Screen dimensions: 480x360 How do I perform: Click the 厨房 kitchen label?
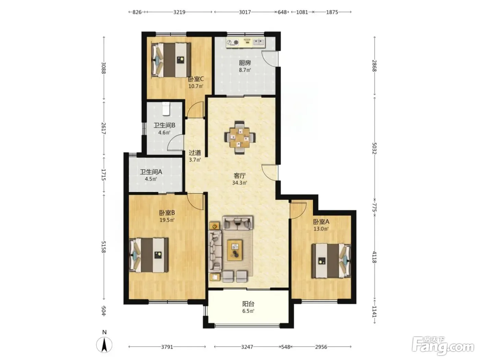245,63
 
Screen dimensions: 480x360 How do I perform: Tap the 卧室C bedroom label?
196,79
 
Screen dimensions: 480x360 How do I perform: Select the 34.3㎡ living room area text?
239,183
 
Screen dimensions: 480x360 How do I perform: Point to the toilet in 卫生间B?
166,109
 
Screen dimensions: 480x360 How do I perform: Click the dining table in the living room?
240,137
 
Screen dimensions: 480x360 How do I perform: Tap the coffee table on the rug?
235,250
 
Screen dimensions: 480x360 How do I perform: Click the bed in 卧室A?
331,261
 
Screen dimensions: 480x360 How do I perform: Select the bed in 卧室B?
149,255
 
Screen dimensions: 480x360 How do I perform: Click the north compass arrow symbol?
104,345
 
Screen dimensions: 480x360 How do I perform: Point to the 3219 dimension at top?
179,12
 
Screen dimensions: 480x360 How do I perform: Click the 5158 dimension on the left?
104,247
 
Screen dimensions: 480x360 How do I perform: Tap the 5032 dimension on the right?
374,148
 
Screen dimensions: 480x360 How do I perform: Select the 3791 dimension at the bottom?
167,347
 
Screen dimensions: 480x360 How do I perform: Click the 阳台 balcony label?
248,304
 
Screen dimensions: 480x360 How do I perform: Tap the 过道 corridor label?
195,153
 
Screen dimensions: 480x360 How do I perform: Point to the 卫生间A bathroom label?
151,172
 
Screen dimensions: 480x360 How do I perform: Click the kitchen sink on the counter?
259,42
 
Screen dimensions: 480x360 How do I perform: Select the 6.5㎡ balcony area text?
248,311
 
